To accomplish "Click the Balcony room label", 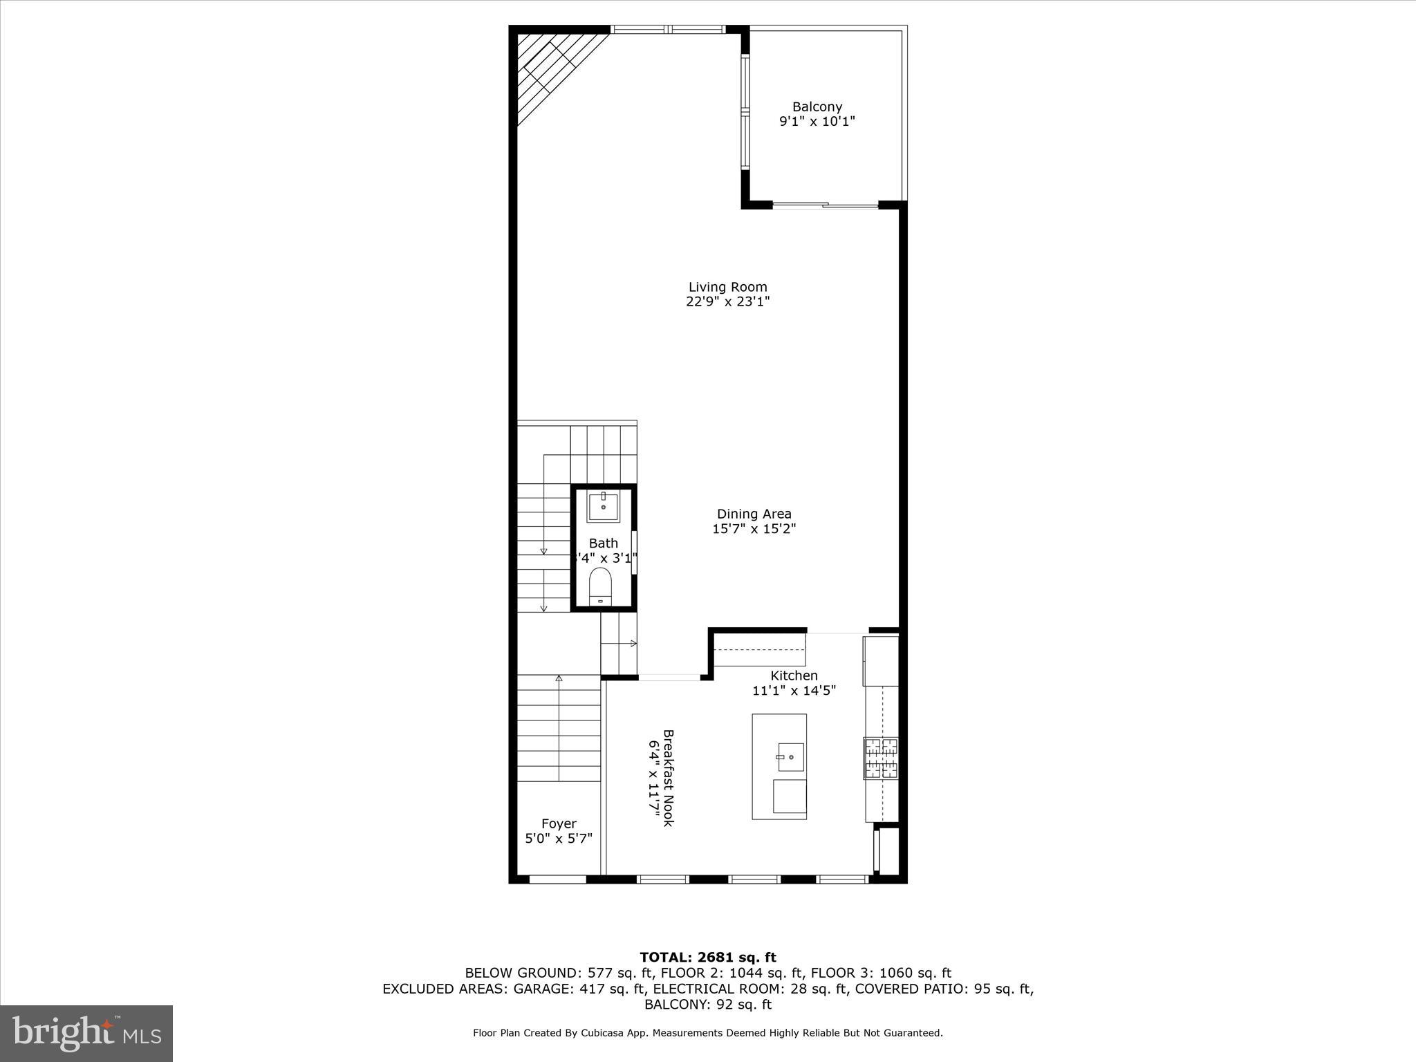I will (817, 107).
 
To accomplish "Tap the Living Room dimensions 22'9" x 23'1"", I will (727, 301).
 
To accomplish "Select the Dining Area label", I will (754, 514).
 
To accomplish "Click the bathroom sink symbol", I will (604, 506).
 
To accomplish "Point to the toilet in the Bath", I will (600, 586).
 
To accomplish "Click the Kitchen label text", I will (794, 676).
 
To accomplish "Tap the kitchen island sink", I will (790, 757).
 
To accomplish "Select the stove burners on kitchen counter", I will (880, 758).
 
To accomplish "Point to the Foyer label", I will (559, 823).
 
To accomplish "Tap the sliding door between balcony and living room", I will (825, 205).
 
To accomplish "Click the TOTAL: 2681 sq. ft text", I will (708, 957).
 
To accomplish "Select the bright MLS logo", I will (86, 1033).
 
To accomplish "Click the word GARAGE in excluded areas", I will (542, 989).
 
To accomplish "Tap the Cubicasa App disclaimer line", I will (708, 1033).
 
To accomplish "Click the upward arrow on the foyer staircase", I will (559, 680).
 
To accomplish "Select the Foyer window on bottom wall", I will (557, 879).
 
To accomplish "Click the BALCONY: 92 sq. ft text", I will (708, 1005).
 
